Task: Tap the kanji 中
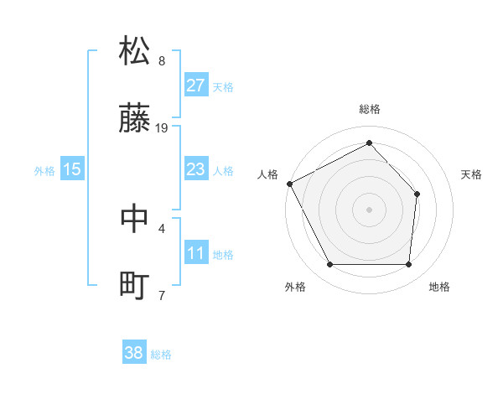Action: pos(135,218)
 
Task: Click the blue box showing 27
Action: pos(195,86)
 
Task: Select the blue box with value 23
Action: pos(195,169)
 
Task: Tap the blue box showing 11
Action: pos(195,253)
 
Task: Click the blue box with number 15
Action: pos(72,169)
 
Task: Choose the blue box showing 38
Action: pos(134,353)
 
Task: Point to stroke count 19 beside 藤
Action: pos(163,128)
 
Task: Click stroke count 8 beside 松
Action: pos(162,61)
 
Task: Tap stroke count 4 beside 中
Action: pos(162,227)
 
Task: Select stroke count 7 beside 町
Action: pos(162,295)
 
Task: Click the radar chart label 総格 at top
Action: pos(369,109)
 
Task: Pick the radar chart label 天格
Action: pos(471,174)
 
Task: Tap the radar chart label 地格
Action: pos(439,287)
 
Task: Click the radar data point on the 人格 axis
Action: pos(289,184)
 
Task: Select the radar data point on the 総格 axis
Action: pos(369,143)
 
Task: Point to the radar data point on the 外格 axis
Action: pos(329,265)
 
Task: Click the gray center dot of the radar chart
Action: pos(369,209)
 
